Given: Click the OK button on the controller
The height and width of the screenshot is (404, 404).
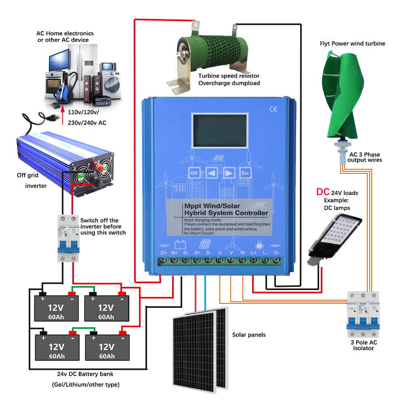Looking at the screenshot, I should [194, 173].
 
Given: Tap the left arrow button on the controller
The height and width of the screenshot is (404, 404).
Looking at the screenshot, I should [211, 173].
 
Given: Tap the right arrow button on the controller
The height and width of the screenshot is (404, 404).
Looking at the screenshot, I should [229, 173].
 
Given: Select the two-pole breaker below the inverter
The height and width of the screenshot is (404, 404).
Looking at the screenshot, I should [68, 238].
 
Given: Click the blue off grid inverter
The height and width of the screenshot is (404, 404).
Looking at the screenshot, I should [65, 158].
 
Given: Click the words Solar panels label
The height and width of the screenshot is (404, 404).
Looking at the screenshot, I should [249, 335].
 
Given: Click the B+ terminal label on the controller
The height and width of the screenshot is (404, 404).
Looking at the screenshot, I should [175, 253].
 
